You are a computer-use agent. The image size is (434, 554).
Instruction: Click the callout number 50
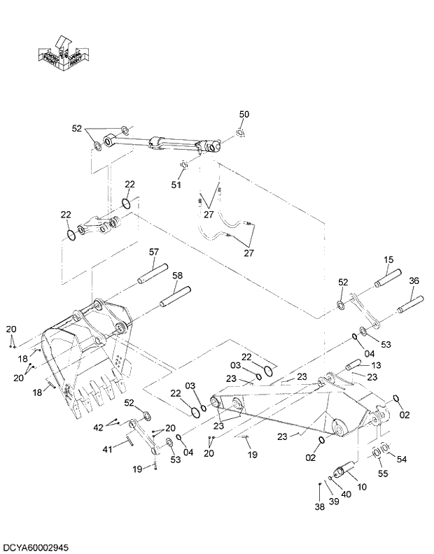coord(244,114)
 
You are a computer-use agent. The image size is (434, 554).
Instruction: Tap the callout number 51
coord(176,185)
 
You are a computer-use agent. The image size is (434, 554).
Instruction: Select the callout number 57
coord(155,252)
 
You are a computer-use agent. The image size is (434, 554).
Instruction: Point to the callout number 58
coord(177,276)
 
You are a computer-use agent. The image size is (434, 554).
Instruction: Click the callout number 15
coord(388,260)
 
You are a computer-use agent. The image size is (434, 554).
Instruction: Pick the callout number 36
coord(414,280)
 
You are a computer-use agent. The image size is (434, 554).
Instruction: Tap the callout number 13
coord(376,366)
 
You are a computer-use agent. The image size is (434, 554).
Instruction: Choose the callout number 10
coord(362,486)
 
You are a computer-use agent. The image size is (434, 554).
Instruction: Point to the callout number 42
coord(99,427)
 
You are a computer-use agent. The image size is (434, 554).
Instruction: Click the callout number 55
coord(383,474)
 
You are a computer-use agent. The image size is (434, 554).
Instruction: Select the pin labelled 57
coord(153,274)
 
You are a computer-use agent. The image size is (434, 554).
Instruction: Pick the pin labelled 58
coord(175,297)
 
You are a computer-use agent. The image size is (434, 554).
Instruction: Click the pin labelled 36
coord(411,305)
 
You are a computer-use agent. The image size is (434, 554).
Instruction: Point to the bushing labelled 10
coord(344,468)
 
